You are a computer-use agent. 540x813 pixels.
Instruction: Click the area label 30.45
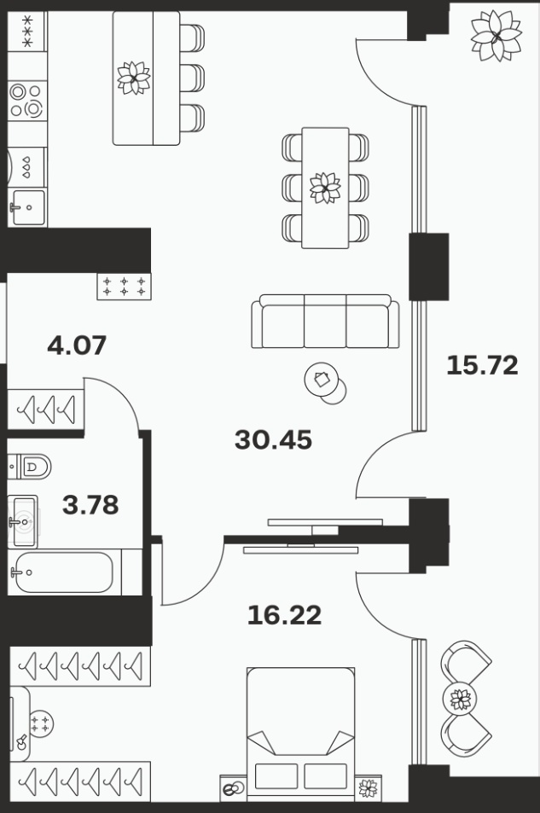[273, 439]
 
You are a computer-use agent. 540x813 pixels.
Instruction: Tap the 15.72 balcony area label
[483, 365]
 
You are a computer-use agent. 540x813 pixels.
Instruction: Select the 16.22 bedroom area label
[284, 615]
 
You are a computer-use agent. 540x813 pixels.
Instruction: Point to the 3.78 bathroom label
[90, 504]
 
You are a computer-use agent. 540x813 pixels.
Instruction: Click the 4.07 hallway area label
[77, 345]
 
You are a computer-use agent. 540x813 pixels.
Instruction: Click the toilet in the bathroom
[30, 467]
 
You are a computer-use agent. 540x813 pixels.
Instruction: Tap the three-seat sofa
[325, 322]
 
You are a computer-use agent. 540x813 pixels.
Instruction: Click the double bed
[301, 735]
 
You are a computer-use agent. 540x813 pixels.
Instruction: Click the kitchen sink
[28, 207]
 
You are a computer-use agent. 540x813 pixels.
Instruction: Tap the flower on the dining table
[325, 188]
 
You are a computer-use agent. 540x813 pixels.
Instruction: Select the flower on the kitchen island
[134, 78]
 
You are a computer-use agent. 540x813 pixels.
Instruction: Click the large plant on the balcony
[496, 36]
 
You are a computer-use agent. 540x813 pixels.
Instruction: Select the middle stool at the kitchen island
[192, 78]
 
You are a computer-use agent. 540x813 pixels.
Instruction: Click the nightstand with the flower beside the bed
[369, 787]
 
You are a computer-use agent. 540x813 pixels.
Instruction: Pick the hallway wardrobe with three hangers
[46, 409]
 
